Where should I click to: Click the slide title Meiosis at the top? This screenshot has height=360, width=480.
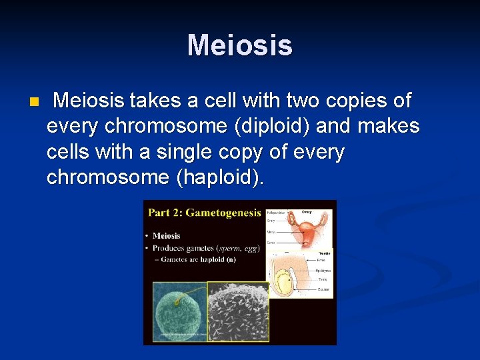click(240, 45)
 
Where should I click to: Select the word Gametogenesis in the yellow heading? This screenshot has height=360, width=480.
click(224, 213)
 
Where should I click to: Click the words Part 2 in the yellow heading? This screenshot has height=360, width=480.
click(165, 213)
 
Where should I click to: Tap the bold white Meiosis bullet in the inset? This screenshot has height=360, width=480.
click(166, 235)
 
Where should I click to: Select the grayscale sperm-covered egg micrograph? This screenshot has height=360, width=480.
click(238, 312)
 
